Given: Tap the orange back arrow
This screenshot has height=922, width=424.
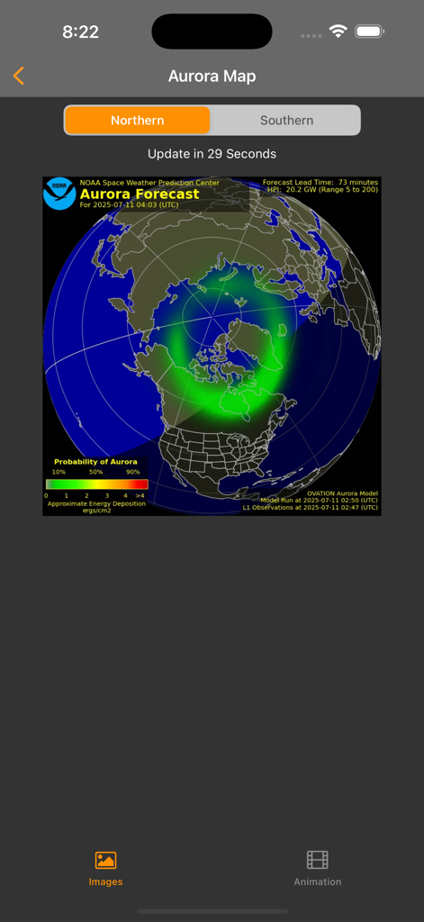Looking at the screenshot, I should (x=19, y=77).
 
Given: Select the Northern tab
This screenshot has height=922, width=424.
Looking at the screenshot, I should (x=138, y=121).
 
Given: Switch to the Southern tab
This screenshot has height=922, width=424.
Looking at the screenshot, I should (x=286, y=121).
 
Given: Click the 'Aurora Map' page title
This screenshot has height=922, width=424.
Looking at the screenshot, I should (x=212, y=77).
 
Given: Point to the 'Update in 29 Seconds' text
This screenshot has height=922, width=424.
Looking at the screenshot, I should (x=212, y=154).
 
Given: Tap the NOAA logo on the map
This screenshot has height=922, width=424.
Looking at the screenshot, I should (x=59, y=192).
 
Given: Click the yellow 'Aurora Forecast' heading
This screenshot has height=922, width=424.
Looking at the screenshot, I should (x=140, y=194).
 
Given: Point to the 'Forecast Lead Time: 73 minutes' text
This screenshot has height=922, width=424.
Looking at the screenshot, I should (x=320, y=183).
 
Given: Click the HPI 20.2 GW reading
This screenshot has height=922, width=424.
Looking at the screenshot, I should (x=322, y=190).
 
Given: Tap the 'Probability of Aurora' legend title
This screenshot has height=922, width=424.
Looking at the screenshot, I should (x=95, y=462).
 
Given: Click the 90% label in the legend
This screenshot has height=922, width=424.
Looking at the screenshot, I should (x=132, y=472).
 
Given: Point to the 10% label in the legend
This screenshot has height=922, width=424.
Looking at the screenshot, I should (x=59, y=472).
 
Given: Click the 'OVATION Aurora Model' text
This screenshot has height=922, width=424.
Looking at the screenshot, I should (x=342, y=493).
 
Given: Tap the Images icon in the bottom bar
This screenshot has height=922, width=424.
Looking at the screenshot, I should (x=105, y=861).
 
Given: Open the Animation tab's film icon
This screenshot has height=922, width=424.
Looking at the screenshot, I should (x=317, y=861).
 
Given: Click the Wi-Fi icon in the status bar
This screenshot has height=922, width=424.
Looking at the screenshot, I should (x=338, y=32).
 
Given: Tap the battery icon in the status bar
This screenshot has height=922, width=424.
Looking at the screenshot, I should (x=370, y=32).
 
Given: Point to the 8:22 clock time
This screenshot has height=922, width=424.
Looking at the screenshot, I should (x=80, y=32).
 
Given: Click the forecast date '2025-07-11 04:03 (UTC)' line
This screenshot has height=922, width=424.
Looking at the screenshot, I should (x=129, y=205).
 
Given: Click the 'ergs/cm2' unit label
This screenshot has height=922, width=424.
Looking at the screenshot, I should (x=97, y=511).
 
